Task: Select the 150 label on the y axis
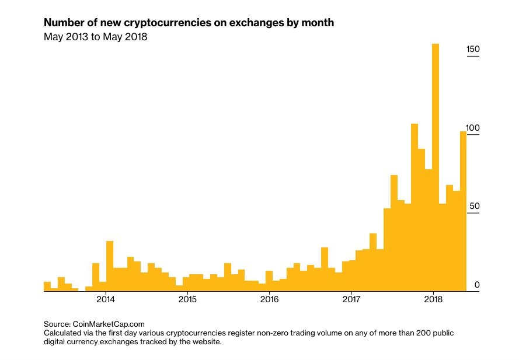tap(473, 50)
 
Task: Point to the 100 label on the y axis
tap(473, 128)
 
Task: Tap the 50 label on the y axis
tap(474, 207)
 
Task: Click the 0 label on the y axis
tap(477, 285)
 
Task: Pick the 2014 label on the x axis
tap(106, 300)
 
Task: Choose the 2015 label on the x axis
tap(187, 300)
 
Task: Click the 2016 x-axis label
tap(269, 300)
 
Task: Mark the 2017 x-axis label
tap(351, 300)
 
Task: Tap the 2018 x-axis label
tap(433, 300)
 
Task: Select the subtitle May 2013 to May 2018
tap(95, 37)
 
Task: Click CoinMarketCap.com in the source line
tap(109, 323)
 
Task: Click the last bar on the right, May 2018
tap(464, 210)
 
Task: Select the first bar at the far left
tap(47, 286)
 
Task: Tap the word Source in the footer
tap(57, 323)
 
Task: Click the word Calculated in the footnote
tap(62, 333)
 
